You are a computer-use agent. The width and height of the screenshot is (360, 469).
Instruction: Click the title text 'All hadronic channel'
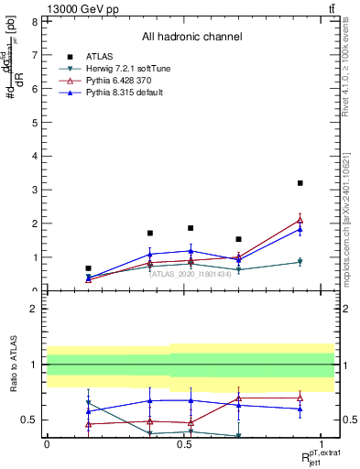click(x=191, y=37)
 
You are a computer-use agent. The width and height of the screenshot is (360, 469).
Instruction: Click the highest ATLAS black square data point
click(x=300, y=183)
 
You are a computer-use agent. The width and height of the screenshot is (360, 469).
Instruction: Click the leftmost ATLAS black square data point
click(x=88, y=268)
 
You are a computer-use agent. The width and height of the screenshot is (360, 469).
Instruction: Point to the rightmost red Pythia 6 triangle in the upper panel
click(x=300, y=220)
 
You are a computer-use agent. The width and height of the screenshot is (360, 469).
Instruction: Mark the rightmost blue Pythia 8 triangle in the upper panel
click(x=300, y=230)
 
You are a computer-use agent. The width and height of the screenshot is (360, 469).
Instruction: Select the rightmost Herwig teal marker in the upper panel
click(x=300, y=262)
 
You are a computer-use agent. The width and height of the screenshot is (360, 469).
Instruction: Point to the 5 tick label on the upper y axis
click(x=34, y=122)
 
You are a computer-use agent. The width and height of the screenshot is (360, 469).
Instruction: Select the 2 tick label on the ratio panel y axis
click(x=34, y=309)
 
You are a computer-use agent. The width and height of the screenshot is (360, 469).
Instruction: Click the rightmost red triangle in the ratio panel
click(x=300, y=398)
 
